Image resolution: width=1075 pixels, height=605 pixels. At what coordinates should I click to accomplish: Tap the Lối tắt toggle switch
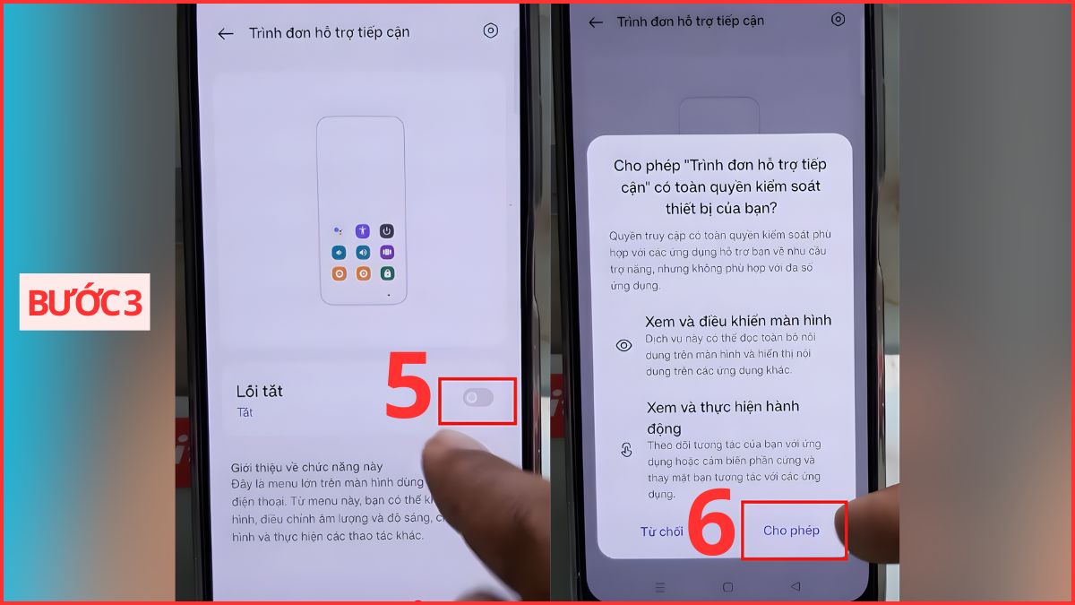click(x=478, y=398)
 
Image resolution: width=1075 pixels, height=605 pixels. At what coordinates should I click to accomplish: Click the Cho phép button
click(x=791, y=531)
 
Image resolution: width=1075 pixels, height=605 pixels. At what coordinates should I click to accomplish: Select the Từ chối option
click(x=661, y=532)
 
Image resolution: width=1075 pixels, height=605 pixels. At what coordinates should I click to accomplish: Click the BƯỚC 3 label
click(x=85, y=303)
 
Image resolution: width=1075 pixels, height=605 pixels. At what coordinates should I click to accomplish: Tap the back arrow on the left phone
click(x=226, y=33)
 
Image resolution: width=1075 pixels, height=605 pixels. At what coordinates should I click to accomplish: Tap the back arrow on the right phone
click(x=596, y=22)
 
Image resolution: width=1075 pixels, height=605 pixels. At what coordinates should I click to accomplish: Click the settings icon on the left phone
click(x=490, y=31)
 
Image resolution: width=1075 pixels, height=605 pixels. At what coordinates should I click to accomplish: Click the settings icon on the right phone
click(x=838, y=19)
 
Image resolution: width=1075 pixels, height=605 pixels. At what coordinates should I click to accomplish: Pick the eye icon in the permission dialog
click(x=624, y=345)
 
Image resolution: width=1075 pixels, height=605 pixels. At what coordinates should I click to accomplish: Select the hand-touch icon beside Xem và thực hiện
click(x=625, y=450)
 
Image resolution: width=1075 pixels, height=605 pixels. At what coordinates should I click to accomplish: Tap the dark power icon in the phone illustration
click(x=387, y=231)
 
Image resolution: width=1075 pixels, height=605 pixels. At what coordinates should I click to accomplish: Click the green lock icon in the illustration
click(x=387, y=273)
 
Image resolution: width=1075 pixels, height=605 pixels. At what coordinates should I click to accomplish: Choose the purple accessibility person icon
click(x=362, y=231)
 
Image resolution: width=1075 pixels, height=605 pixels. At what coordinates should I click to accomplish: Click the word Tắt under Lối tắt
click(x=245, y=412)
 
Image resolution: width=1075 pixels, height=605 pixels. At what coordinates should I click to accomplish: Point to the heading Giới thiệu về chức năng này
click(x=307, y=467)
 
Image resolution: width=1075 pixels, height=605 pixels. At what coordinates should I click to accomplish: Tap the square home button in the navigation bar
click(x=727, y=587)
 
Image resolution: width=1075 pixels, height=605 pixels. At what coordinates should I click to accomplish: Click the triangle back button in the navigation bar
click(x=795, y=587)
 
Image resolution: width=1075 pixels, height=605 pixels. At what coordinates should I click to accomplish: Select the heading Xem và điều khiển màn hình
click(x=738, y=320)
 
